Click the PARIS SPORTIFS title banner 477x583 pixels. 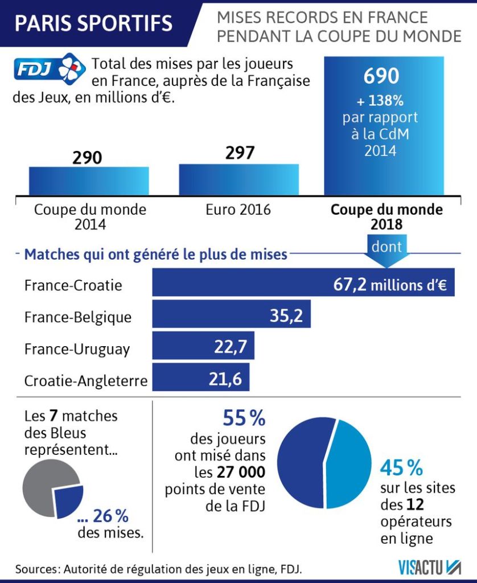(94, 23)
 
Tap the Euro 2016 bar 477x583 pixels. (238, 180)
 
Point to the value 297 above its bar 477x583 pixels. (240, 153)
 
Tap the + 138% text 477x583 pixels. (380, 101)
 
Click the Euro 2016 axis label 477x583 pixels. (238, 210)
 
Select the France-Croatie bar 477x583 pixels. (303, 282)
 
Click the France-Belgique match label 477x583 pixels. (78, 317)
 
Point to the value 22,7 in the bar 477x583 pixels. (230, 347)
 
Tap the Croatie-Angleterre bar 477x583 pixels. (200, 378)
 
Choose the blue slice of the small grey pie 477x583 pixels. (69, 501)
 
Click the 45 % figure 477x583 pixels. (401, 468)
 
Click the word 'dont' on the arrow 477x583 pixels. (386, 247)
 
